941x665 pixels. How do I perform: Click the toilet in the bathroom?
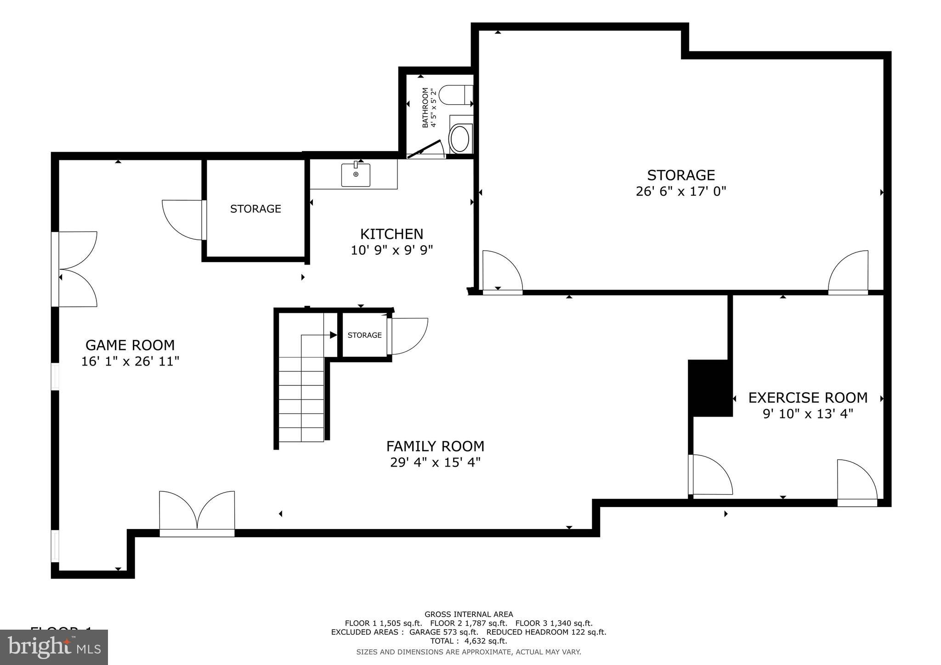[455, 95]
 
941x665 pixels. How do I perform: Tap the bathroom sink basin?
[459, 139]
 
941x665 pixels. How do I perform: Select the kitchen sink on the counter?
[356, 175]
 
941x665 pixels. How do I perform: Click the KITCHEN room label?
[391, 234]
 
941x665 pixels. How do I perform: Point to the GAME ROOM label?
[130, 345]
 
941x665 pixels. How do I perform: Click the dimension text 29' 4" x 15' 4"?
[435, 462]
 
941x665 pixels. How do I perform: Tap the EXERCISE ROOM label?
[808, 398]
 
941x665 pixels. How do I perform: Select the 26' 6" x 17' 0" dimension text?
[680, 192]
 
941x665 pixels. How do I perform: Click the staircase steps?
[301, 400]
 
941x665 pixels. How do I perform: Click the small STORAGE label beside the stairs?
[364, 335]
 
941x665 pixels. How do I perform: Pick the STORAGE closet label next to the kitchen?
[255, 209]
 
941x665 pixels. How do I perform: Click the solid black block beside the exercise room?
[709, 388]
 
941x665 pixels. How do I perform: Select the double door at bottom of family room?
[197, 513]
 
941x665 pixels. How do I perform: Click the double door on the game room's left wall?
[76, 270]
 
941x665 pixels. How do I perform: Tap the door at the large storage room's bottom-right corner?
[848, 273]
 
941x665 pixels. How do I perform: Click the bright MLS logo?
[54, 647]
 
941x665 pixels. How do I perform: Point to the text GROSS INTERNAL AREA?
[469, 614]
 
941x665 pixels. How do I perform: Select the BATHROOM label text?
[425, 107]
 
